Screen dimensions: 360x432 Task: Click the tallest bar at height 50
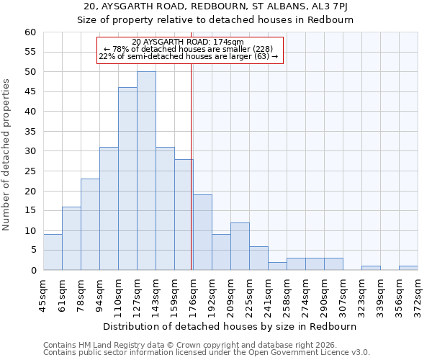coord(146,171)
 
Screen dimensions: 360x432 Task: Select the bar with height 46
coord(127,179)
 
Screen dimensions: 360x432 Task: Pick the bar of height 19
coord(202,233)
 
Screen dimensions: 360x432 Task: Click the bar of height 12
coord(240,247)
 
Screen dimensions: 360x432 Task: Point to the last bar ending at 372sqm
coord(408,269)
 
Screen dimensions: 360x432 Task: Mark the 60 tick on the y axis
coord(30,32)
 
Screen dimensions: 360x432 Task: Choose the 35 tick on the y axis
coord(30,132)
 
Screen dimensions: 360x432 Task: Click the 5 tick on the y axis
coord(33,251)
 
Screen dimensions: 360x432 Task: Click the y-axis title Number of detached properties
coord(7,156)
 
